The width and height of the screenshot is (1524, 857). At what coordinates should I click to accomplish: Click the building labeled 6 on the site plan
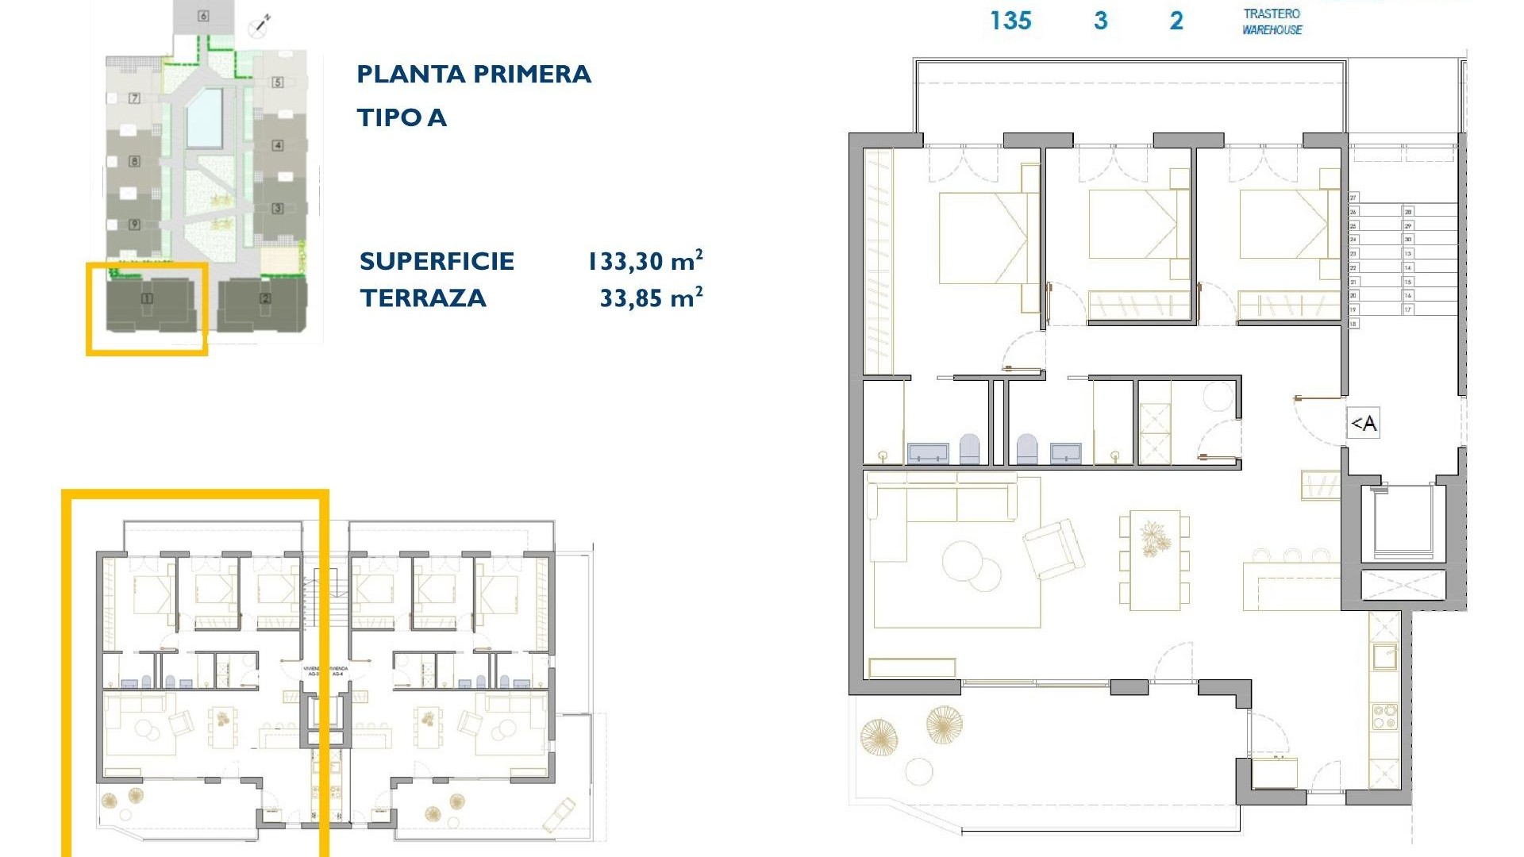pyautogui.click(x=204, y=17)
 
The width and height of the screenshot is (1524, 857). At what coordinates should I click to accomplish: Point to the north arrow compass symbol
pyautogui.click(x=260, y=25)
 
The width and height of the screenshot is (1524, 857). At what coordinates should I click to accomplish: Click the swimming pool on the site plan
pyautogui.click(x=205, y=117)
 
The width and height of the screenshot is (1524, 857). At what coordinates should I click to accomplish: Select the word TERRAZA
pyautogui.click(x=422, y=298)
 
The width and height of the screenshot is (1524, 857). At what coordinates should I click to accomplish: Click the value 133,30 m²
pyautogui.click(x=645, y=261)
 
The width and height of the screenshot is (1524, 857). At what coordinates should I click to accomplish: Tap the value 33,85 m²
pyautogui.click(x=651, y=298)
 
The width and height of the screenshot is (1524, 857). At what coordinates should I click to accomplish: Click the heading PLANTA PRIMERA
pyautogui.click(x=473, y=75)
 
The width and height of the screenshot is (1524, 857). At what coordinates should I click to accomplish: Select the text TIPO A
pyautogui.click(x=402, y=118)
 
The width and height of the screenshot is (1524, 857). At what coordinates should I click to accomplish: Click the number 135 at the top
pyautogui.click(x=1010, y=21)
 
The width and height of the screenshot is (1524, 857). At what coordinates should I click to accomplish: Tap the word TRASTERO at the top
pyautogui.click(x=1272, y=13)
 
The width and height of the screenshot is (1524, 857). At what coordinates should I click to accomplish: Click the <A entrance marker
pyautogui.click(x=1363, y=424)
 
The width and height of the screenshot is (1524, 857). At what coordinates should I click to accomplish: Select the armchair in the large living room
pyautogui.click(x=1053, y=548)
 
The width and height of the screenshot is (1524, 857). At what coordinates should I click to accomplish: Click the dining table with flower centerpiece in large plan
pyautogui.click(x=1155, y=559)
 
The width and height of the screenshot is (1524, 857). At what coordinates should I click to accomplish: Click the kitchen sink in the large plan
pyautogui.click(x=1385, y=657)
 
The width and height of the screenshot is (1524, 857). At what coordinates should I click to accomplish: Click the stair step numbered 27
pyautogui.click(x=1353, y=198)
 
